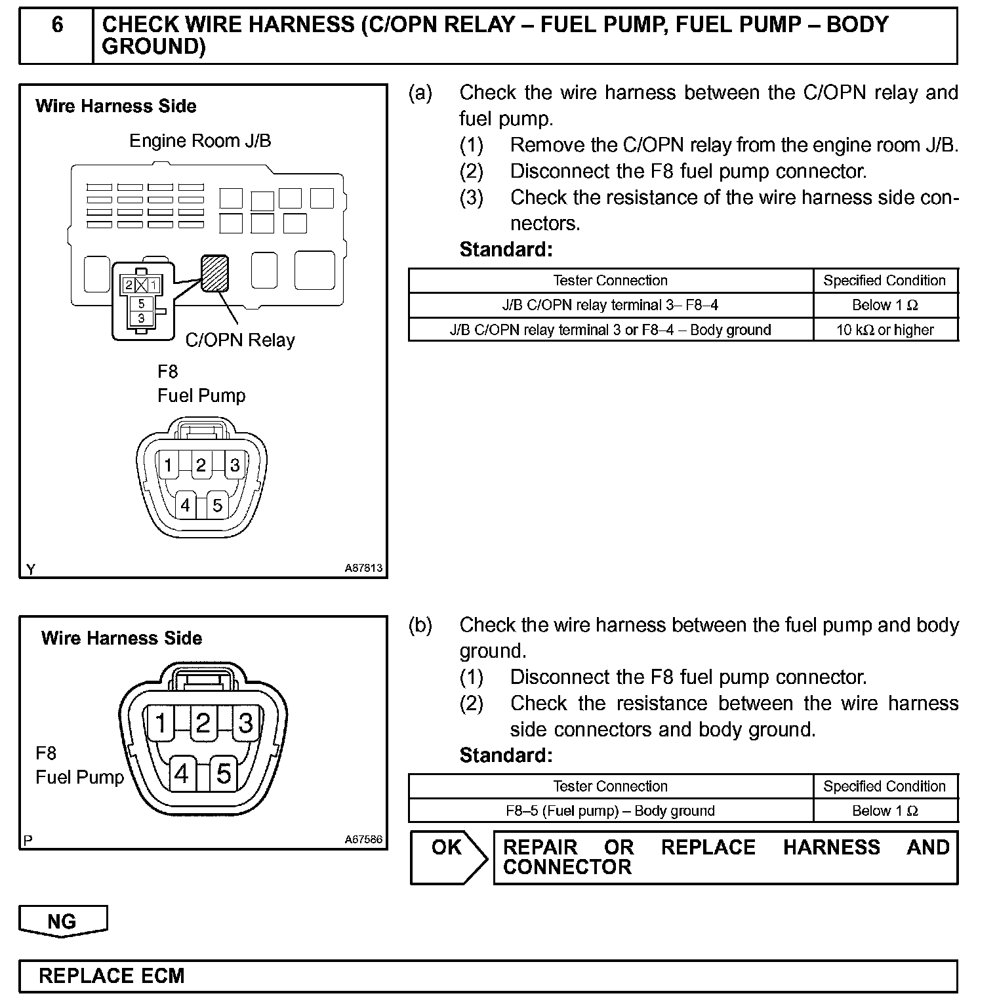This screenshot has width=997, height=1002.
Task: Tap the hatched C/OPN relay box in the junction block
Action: (215, 273)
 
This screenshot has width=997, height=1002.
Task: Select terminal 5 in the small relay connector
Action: (141, 304)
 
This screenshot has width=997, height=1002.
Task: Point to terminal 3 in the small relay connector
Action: (141, 318)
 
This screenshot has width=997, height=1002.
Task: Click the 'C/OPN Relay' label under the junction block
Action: (240, 340)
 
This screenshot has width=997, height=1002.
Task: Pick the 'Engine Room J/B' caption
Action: (200, 141)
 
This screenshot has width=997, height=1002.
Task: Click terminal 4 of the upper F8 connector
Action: (185, 506)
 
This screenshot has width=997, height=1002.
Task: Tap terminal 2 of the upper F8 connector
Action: (201, 466)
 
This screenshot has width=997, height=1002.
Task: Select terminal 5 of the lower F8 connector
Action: (224, 774)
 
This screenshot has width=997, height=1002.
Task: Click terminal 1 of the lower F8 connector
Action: (160, 723)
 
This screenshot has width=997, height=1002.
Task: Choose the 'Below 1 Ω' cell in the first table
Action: (885, 305)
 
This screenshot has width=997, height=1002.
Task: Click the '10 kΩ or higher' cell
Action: (885, 330)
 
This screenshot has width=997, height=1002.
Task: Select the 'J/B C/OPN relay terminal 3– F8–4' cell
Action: (610, 305)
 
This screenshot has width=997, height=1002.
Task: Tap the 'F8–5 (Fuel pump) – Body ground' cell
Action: (610, 811)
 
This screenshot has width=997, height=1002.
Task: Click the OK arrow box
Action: (449, 856)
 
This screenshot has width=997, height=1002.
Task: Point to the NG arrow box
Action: (62, 921)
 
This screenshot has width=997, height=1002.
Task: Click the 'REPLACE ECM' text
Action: (112, 976)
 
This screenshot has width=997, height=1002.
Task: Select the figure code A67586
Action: (363, 839)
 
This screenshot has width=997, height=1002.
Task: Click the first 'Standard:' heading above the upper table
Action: (506, 250)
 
